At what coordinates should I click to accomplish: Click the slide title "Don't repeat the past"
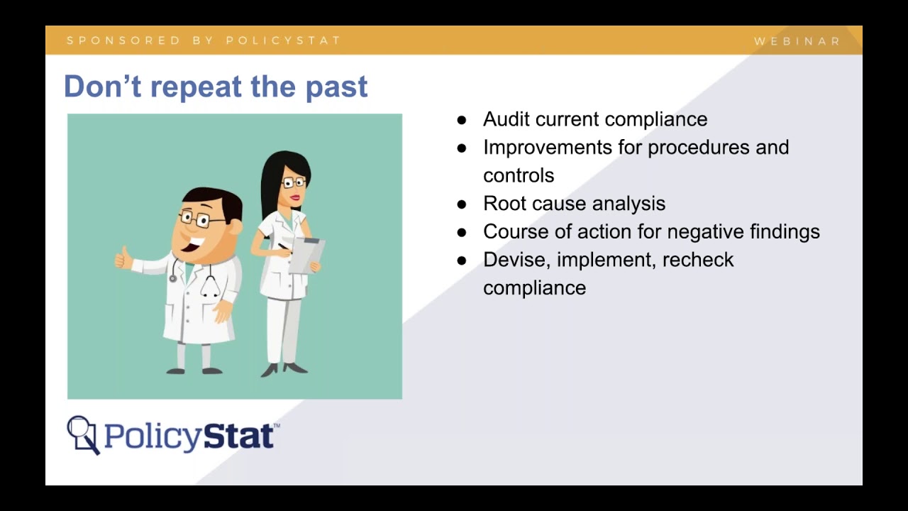coord(216,87)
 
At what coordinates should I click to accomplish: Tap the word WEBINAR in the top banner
coord(797,41)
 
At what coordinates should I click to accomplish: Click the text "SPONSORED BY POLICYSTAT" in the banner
coord(204,40)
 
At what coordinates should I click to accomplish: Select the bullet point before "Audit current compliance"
coord(462,120)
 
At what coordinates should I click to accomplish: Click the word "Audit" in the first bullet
coord(506,119)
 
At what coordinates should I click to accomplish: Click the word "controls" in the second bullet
coord(519,175)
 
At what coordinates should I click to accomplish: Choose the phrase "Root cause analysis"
coord(574,204)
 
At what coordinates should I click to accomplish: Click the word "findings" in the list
coord(785,232)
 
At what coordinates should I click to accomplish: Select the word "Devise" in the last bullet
coord(516,260)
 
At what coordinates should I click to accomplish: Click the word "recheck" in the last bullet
coord(698,260)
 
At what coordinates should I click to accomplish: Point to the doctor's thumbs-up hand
coord(125,257)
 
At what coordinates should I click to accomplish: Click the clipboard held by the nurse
coord(307,255)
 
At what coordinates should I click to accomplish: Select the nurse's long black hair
coord(272,181)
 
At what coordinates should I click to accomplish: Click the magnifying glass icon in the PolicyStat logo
coord(82,432)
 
